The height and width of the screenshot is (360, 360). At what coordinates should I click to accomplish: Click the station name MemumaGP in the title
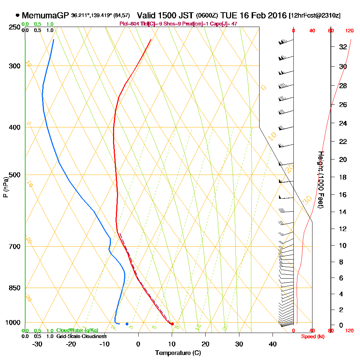pyautogui.click(x=45, y=16)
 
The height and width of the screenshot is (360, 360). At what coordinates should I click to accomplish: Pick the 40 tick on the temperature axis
pyautogui.click(x=273, y=344)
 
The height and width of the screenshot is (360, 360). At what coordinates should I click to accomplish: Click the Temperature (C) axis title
pyautogui.click(x=178, y=353)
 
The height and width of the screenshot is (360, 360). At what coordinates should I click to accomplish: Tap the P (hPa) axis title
pyautogui.click(x=5, y=187)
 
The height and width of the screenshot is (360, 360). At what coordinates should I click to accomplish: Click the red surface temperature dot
pyautogui.click(x=172, y=324)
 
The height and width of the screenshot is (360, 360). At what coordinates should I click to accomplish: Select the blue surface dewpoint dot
pyautogui.click(x=127, y=324)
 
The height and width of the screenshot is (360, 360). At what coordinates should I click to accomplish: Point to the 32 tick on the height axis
pyautogui.click(x=343, y=47)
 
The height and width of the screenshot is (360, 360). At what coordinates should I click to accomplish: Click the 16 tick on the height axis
pyautogui.click(x=343, y=195)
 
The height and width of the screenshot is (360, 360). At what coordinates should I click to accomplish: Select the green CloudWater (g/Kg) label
pyautogui.click(x=77, y=330)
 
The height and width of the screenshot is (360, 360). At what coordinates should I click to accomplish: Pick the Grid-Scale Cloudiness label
pyautogui.click(x=81, y=336)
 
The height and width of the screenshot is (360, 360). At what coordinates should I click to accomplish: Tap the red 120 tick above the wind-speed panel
pyautogui.click(x=349, y=31)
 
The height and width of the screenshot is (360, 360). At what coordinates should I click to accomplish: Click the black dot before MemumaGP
pyautogui.click(x=18, y=15)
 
